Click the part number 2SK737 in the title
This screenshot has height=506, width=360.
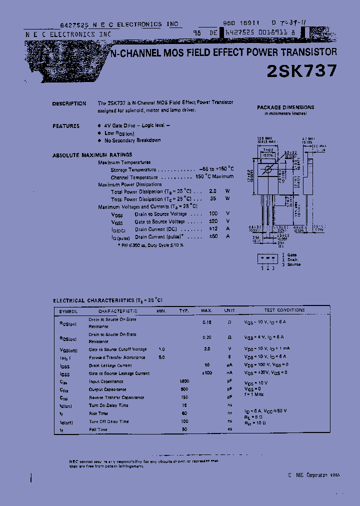(x=301, y=71)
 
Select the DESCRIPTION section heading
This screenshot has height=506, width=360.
(x=69, y=104)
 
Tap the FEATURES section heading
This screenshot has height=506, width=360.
(x=66, y=126)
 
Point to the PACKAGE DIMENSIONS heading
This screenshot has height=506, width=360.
(x=285, y=107)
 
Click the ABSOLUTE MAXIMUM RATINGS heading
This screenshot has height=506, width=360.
(x=92, y=155)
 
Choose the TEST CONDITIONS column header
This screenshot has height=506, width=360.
(x=284, y=310)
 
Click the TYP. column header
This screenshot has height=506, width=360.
(x=184, y=311)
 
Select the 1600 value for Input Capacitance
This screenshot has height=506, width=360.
(x=184, y=381)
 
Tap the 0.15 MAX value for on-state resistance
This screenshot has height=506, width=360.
(x=206, y=322)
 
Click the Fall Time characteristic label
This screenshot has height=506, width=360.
(x=98, y=429)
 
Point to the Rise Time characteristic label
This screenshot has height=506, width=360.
(x=98, y=413)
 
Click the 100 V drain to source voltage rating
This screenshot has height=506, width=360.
(x=213, y=214)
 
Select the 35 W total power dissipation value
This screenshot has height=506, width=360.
(x=213, y=198)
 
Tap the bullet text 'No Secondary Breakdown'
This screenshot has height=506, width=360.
(x=132, y=140)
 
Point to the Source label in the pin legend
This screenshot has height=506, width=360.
(x=293, y=264)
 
